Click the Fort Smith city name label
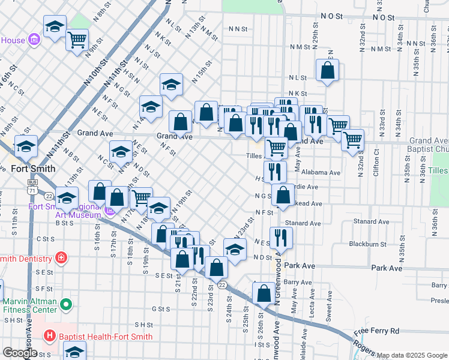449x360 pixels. [33, 169]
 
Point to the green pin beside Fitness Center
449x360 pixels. [67, 305]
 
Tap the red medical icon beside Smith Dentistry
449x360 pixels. [61, 259]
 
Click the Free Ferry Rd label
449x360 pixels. [376, 331]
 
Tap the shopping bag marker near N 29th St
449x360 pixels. [327, 71]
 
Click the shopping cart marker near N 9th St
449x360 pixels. [77, 40]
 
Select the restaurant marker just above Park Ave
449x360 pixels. [280, 238]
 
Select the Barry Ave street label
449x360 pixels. [300, 281]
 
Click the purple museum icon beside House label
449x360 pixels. [34, 41]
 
